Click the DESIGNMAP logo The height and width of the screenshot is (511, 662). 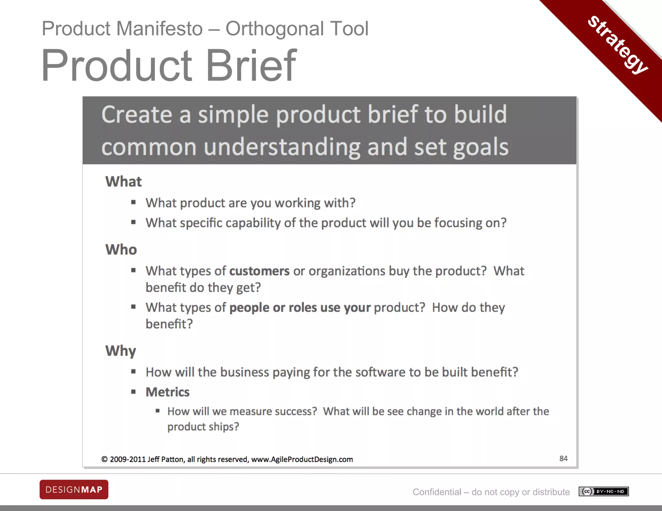point(74,489)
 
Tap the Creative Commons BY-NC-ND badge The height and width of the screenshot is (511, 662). point(603,491)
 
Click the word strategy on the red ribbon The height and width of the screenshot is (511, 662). point(618,45)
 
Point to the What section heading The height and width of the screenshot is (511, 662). point(123,182)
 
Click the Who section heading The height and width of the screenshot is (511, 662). point(121,250)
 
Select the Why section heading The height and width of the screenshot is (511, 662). point(121,351)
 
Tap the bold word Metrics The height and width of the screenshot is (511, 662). point(167,392)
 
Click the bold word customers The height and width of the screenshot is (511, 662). point(259,271)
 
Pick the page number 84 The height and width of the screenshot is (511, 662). point(563,458)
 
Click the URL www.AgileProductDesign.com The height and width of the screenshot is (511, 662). point(302,459)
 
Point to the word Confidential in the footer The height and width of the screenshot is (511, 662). point(437,492)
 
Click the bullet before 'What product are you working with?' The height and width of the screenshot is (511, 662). point(133,203)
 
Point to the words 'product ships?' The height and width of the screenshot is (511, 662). point(203,427)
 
